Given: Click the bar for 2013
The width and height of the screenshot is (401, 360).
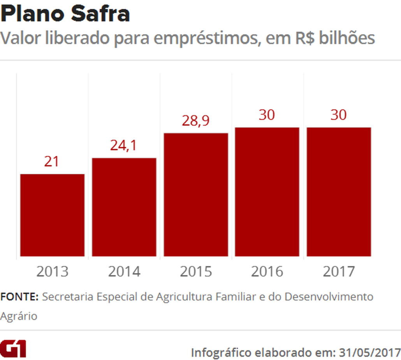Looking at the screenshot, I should [52, 215].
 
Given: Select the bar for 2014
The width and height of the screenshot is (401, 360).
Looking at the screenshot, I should [124, 207].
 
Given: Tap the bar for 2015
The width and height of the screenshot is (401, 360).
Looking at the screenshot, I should [196, 194].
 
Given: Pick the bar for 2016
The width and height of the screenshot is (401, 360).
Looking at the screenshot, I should [267, 192].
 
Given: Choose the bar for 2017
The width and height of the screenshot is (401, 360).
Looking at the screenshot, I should [339, 192].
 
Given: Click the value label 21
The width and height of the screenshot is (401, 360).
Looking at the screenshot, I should [51, 161].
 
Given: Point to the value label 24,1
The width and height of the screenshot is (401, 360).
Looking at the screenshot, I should [124, 145].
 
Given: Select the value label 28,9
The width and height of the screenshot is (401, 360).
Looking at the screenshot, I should [195, 120].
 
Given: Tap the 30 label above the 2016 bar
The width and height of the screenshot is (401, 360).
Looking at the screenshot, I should [267, 115].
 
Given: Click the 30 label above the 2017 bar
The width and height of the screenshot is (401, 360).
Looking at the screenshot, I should [338, 115].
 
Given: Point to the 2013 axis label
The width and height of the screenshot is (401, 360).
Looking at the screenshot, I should [52, 271].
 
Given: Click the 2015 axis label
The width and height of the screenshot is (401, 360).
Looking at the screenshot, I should [196, 271].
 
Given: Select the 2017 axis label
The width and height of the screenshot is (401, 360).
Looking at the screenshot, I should [339, 271].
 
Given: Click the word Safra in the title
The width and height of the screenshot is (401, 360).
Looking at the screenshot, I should [100, 14].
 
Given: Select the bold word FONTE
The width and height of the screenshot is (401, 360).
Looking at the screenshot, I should [19, 297].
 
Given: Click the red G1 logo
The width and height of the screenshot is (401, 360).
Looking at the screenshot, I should [13, 348].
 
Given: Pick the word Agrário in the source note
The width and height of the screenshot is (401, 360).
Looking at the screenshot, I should [19, 316].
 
